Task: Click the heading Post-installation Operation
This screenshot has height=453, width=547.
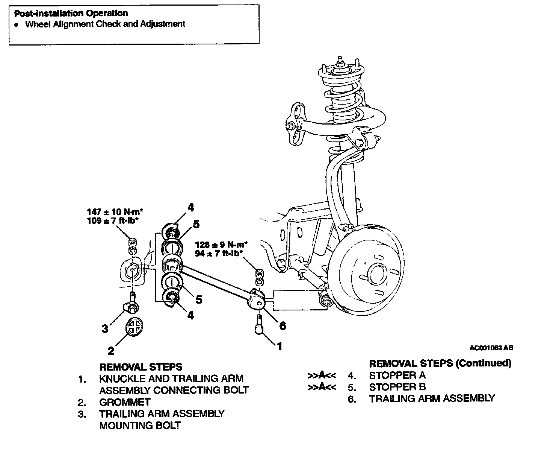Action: coord(71,14)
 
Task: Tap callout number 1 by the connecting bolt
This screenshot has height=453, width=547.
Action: coord(279,346)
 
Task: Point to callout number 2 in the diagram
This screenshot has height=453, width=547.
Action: coord(111,351)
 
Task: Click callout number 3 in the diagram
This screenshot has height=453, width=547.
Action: coord(105,328)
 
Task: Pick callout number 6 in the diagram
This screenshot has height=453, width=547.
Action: coord(282,325)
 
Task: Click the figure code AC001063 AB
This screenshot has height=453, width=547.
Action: coord(491,348)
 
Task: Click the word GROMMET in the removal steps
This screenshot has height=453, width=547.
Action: coord(125,402)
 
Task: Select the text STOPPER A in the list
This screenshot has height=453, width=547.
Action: coord(397,375)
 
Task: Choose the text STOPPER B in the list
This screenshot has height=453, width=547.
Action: coord(397,387)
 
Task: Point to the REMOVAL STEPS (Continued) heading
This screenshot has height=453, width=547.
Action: coord(440,363)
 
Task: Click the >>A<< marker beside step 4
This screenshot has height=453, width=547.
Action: coord(322,375)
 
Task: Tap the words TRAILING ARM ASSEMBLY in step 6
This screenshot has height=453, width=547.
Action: coord(432,398)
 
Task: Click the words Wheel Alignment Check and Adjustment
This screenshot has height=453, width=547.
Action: coord(105,24)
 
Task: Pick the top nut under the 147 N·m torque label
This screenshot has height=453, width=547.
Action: coord(132,241)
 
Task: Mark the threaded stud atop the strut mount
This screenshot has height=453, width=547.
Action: coord(340,60)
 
